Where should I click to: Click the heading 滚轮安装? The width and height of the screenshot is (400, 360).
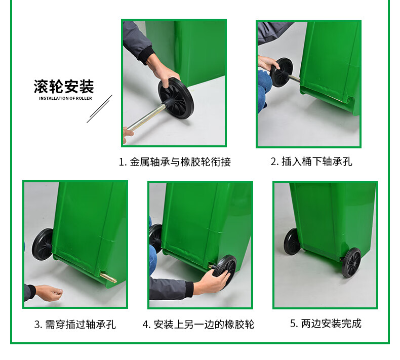[64, 87]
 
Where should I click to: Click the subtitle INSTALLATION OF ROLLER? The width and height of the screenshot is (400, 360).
[65, 98]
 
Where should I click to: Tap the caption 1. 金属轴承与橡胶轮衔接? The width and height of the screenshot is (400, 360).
[175, 162]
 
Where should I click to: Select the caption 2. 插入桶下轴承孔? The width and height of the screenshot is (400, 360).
[311, 162]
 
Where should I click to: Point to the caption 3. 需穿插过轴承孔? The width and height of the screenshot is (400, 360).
[75, 325]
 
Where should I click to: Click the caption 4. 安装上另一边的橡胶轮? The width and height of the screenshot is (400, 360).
[198, 325]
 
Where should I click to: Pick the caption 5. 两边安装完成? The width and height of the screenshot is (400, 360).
[326, 324]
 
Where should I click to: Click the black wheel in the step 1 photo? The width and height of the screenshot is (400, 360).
[176, 99]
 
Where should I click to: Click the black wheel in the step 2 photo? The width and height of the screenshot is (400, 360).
[281, 72]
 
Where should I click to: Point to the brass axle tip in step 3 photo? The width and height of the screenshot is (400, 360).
[108, 277]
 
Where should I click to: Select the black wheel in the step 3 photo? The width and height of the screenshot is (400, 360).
[43, 244]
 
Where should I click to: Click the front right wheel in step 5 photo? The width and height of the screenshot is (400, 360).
[351, 262]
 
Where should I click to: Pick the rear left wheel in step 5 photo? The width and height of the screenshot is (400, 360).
[292, 242]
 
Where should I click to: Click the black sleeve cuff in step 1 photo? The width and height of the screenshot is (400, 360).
[146, 55]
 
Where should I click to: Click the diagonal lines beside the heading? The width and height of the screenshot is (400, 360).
[99, 109]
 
